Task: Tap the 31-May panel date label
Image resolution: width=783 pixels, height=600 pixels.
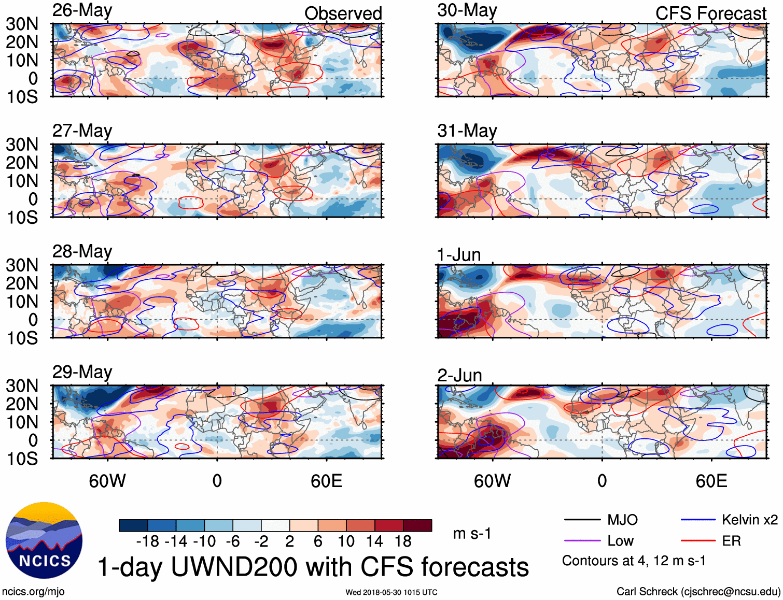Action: (467, 131)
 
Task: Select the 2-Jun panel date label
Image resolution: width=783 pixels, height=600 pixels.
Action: (459, 375)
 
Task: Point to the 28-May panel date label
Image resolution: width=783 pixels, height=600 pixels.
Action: (82, 251)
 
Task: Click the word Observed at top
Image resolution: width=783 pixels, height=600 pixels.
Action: (343, 13)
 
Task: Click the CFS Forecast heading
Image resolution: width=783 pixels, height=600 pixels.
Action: (710, 13)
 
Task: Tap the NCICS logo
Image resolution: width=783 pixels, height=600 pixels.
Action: (44, 540)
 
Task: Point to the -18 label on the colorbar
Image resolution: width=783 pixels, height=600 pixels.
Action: (148, 541)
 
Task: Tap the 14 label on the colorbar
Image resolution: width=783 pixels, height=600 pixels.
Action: (374, 541)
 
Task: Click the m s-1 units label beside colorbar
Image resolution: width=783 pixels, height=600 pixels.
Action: (472, 533)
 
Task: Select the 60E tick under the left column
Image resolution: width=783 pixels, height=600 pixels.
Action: (326, 481)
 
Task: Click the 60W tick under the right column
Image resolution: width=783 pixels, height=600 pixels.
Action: (492, 481)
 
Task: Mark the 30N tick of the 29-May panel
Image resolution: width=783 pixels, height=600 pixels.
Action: (22, 386)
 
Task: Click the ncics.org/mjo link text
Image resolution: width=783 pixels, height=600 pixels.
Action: (33, 592)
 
